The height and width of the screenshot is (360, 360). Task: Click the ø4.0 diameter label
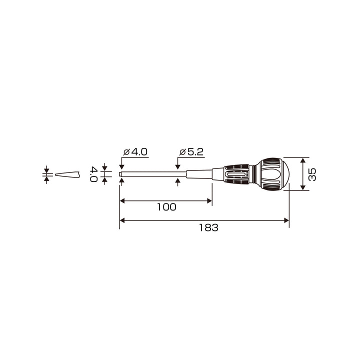[x=135, y=152]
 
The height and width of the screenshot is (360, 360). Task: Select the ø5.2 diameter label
[x=191, y=152]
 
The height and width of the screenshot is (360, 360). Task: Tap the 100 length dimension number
[x=166, y=207]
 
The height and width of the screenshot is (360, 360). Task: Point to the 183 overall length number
[x=208, y=227]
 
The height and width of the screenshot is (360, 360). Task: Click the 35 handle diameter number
[x=312, y=174]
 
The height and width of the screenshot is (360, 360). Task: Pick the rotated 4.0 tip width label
[x=93, y=174]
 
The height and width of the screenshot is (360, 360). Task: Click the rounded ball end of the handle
[x=273, y=174]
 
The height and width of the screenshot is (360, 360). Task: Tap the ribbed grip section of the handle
[x=236, y=174]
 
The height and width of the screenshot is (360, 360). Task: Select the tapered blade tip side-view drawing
[x=67, y=174]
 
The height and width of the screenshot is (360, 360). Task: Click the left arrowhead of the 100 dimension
[x=122, y=201]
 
